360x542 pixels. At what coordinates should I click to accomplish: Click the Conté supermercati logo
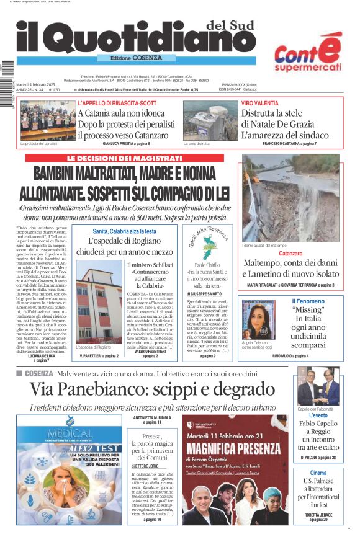pos(308,53)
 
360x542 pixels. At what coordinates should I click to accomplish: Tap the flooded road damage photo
pos(290,198)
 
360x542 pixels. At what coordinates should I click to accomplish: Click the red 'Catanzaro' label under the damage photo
pos(290,254)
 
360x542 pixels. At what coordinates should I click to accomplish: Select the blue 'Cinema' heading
pos(318,473)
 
